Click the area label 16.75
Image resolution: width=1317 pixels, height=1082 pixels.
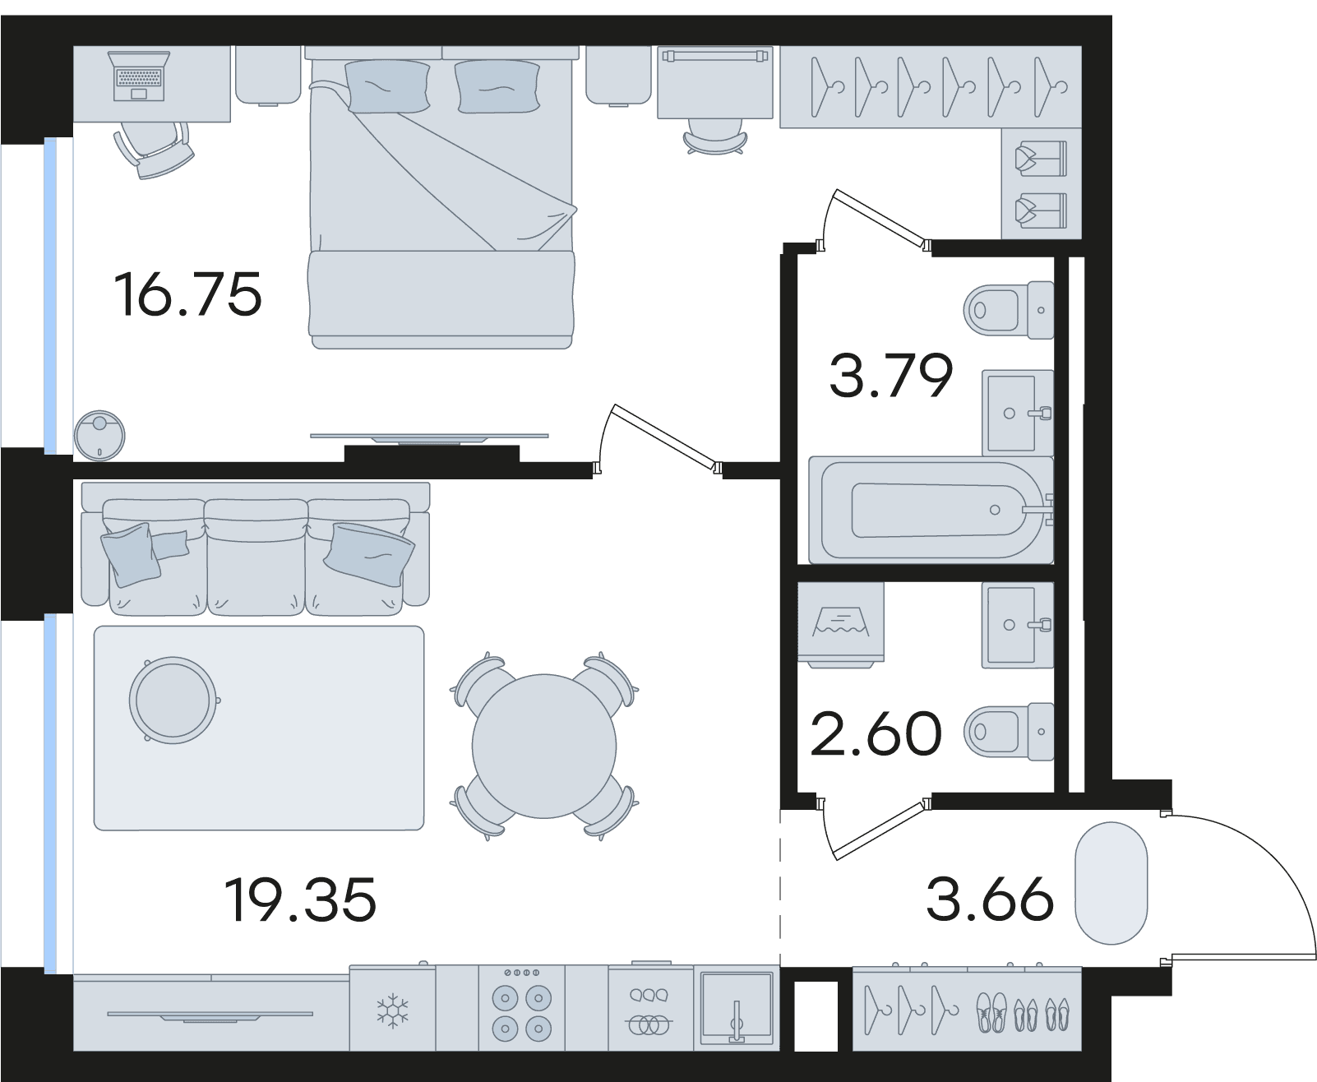(187, 295)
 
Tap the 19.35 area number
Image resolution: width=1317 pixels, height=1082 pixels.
(300, 900)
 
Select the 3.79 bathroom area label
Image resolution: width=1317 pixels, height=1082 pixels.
(891, 375)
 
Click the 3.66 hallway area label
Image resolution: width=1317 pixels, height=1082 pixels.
(990, 899)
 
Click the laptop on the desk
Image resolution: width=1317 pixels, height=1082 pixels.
(139, 76)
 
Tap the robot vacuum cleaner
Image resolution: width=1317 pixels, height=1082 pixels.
(99, 436)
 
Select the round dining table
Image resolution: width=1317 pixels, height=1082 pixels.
(544, 746)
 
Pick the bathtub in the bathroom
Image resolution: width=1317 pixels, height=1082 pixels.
(931, 510)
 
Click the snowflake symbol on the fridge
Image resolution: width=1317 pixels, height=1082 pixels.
(392, 1012)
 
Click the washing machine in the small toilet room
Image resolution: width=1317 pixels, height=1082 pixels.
(840, 625)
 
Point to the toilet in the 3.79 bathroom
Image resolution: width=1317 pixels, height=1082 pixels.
(1009, 310)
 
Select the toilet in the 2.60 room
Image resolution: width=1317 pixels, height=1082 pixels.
(1009, 732)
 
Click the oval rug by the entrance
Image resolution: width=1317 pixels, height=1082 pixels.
(1111, 883)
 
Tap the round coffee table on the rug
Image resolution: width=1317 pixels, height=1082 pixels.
(173, 701)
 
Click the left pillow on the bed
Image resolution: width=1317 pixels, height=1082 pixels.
(387, 86)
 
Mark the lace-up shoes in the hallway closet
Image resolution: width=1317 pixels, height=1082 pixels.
(991, 1013)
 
